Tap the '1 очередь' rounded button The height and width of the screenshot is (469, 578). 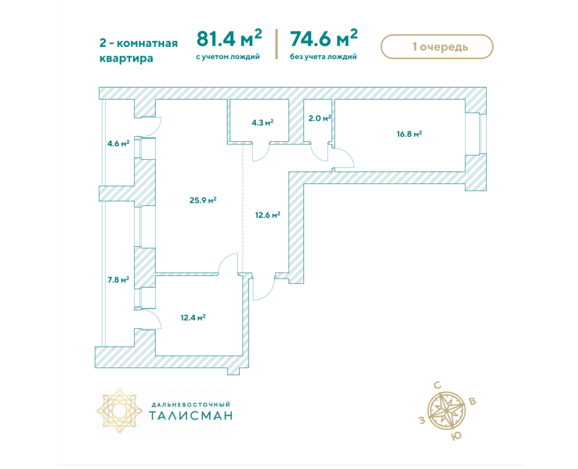tap(437, 47)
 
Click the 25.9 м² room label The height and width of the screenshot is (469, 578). tap(203, 200)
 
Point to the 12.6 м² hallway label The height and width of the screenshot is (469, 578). tap(268, 215)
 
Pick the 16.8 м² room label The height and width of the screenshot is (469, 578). tap(409, 134)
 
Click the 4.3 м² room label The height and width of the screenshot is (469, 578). tap(262, 122)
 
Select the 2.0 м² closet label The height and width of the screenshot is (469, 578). tap(319, 118)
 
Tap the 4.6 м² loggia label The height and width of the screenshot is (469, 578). tap(118, 143)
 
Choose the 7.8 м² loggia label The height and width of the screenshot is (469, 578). tap(118, 280)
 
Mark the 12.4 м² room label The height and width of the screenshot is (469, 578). tap(193, 317)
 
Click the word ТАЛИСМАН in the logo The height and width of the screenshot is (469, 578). tap(191, 415)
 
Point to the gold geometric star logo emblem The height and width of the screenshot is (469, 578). tap(119, 410)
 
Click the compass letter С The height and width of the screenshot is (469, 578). tap(438, 386)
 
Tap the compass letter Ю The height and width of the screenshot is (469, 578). tap(457, 436)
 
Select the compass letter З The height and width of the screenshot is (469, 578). tap(422, 421)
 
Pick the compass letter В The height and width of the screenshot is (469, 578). tap(472, 402)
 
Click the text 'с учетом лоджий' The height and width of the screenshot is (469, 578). tap(228, 57)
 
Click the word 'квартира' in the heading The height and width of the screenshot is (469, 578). tap(126, 58)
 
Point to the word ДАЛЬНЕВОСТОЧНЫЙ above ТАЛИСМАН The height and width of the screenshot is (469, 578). tap(191, 405)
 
